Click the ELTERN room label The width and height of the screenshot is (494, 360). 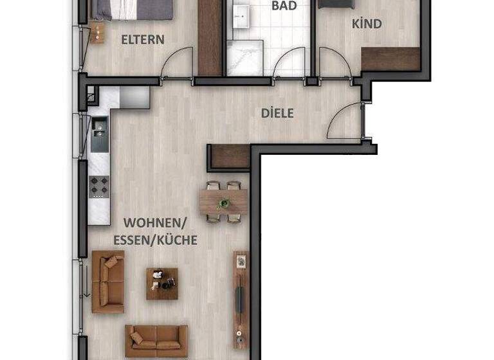pos(143,39)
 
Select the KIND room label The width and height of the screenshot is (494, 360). pos(367,24)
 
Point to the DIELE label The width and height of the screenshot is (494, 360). pos(277,113)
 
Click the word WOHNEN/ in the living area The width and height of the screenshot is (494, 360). pos(154,224)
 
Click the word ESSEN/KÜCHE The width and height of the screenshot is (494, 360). pos(160,240)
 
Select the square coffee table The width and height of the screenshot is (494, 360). pos(161,283)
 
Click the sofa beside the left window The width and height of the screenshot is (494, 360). pos(108,282)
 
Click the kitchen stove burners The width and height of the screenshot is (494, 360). pos(100,187)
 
